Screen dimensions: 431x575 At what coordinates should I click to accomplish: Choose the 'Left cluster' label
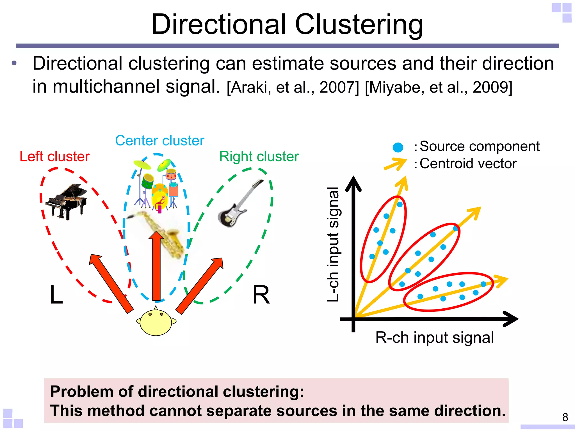click(54, 157)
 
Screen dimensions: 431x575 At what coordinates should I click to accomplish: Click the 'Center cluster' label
click(159, 141)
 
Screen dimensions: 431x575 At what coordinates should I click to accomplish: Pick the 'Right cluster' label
click(259, 157)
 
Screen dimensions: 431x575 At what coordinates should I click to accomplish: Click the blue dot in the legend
click(398, 147)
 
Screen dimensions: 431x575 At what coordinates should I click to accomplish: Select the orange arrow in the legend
click(395, 164)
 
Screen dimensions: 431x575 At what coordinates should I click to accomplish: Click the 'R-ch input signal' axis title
click(434, 338)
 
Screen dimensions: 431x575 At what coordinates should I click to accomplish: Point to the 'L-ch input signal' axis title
click(333, 244)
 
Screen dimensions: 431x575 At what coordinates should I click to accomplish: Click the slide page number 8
click(565, 417)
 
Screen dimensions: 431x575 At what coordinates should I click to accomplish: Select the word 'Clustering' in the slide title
click(359, 25)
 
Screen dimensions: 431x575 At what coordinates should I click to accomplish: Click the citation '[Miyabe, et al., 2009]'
click(439, 87)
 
